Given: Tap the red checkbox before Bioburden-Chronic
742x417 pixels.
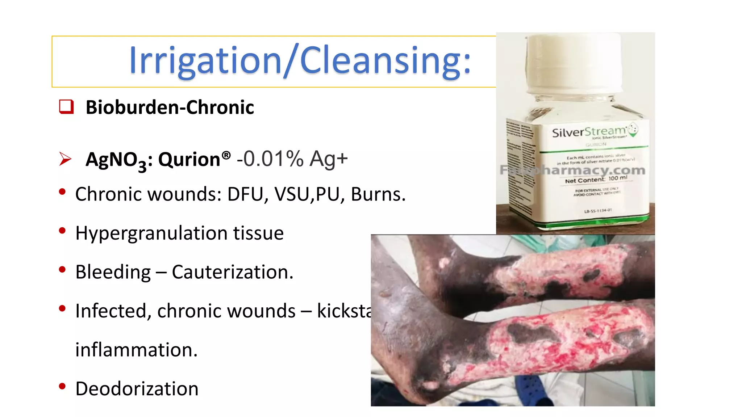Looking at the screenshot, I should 66,107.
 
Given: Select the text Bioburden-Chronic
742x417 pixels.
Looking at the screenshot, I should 170,108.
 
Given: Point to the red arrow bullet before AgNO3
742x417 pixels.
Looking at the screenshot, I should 65,159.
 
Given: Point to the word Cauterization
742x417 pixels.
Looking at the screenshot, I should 232,272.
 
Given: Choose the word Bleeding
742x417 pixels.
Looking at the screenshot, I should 113,272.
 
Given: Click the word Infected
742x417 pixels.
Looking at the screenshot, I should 113,311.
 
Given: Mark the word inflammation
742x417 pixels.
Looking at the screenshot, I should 136,350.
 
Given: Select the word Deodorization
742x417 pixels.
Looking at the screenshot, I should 137,389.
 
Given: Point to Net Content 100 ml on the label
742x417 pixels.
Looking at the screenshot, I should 596,179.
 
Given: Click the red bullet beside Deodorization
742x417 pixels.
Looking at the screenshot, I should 62,386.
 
